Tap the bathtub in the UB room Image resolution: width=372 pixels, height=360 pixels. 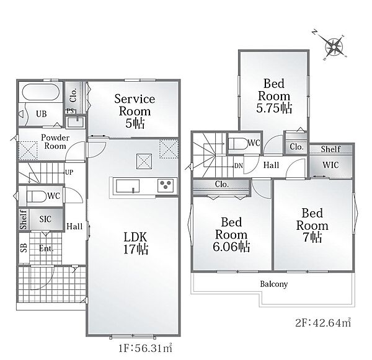point(40,92)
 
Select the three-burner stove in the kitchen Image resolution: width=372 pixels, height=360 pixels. point(166,185)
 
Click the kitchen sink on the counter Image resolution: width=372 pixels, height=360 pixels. point(128,186)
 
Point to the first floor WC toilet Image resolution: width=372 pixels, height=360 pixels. point(36,196)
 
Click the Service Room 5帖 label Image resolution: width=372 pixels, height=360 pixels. point(135,111)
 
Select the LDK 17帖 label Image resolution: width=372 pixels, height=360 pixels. point(135,243)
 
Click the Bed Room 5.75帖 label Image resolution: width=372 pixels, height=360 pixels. point(274,96)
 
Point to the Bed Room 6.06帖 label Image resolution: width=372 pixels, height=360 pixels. point(231,234)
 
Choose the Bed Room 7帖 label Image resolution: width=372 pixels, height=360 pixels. point(312,225)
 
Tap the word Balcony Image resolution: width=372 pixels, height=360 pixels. point(274,284)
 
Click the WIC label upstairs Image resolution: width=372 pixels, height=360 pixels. point(330,165)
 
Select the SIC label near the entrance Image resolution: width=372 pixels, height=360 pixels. point(45,219)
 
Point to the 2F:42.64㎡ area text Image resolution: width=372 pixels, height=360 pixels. point(323,323)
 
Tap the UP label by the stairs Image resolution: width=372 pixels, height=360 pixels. point(69,172)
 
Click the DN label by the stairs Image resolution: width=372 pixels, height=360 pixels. point(239,165)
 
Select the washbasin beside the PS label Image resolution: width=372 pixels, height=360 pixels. point(76,122)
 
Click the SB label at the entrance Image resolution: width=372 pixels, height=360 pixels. point(24,248)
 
